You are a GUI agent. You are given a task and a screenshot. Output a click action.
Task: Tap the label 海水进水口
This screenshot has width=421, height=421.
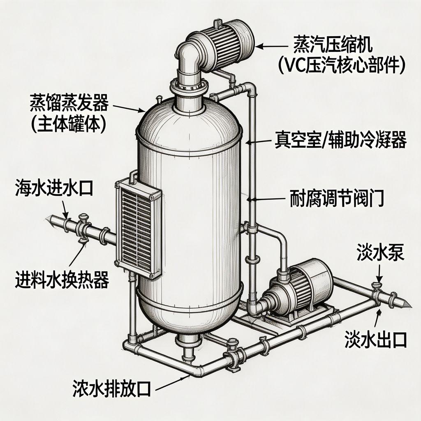pyautogui.click(x=53, y=187)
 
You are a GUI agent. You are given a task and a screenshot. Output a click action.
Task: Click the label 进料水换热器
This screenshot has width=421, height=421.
pyautogui.click(x=62, y=281)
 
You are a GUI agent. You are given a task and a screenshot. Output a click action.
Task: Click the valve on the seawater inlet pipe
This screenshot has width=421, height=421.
pyautogui.click(x=83, y=226)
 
